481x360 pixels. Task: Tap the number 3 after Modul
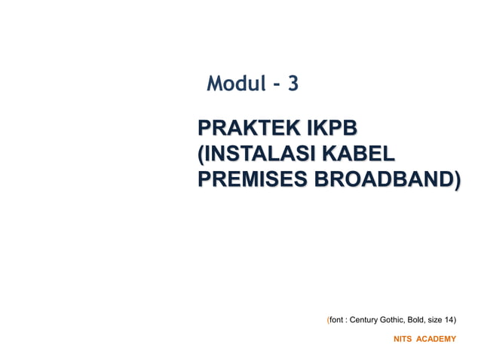click(x=293, y=84)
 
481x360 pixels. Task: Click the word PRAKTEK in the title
click(x=244, y=128)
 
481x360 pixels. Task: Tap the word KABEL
click(x=358, y=154)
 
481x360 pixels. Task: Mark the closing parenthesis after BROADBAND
click(x=457, y=181)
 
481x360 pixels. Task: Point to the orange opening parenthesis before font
click(x=328, y=320)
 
